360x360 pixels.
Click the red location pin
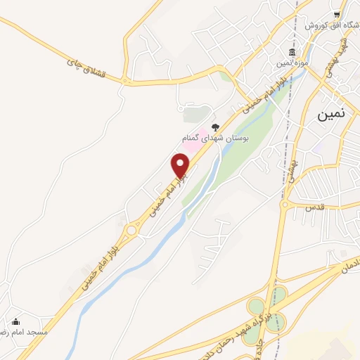point(181,165)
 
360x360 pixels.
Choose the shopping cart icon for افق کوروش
point(338,13)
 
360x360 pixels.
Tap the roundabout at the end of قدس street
point(285,205)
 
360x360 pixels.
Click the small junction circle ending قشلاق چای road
point(127,82)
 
